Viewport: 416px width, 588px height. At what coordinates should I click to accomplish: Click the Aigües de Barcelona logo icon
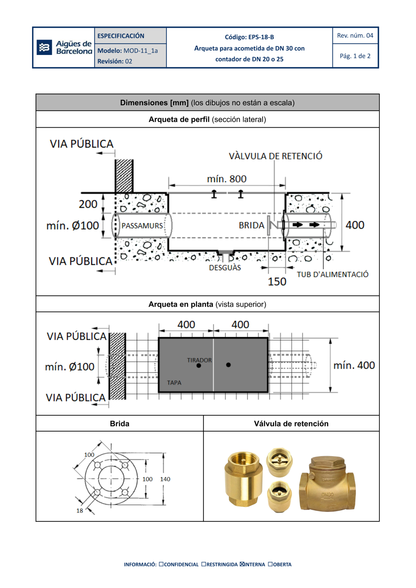44,47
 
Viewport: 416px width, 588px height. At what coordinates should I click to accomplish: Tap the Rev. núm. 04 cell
355,36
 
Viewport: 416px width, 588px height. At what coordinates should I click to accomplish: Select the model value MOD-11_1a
141,51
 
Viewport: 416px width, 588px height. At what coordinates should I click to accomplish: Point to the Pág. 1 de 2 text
355,56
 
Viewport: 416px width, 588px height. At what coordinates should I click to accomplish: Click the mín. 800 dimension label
227,179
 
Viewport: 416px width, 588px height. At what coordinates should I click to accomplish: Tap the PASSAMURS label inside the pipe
142,226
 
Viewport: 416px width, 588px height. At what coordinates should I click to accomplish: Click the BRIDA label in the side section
251,225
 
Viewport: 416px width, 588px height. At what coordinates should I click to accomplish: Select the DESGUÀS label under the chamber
225,268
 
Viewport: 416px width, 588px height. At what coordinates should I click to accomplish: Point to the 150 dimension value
277,282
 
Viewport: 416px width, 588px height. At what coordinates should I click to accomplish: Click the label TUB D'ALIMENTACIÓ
332,275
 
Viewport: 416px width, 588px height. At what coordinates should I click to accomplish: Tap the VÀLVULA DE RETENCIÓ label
275,156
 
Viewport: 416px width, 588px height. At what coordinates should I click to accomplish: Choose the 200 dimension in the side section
88,204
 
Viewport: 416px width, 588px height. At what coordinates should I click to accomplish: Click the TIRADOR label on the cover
199,360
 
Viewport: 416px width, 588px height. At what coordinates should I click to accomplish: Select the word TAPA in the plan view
174,382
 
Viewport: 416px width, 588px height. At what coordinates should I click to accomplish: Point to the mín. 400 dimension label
354,365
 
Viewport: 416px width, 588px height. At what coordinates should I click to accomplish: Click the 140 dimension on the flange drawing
165,479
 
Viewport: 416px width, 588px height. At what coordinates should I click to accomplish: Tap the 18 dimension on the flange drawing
79,511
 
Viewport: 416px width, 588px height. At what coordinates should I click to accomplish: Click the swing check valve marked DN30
327,484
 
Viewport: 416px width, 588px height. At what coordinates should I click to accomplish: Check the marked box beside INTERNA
242,564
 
